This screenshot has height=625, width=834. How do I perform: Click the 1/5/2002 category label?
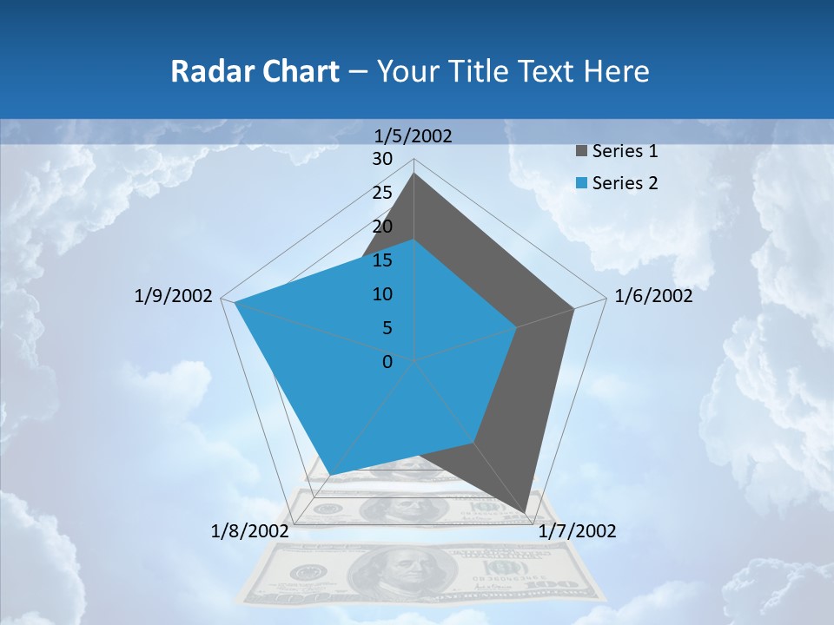[x=414, y=135]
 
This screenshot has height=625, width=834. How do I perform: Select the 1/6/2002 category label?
[x=653, y=296]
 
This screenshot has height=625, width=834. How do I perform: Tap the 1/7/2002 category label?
[x=577, y=531]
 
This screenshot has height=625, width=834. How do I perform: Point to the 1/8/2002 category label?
[x=250, y=531]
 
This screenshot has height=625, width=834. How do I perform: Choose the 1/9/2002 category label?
[x=174, y=296]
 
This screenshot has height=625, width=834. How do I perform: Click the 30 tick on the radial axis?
[x=382, y=159]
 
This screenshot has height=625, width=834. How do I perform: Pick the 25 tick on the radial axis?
[x=382, y=193]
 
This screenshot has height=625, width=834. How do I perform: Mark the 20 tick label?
[x=382, y=227]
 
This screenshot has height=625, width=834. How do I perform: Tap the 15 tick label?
[x=382, y=260]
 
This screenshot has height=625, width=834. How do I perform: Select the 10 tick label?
[x=382, y=294]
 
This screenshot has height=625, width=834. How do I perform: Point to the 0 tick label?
[x=387, y=361]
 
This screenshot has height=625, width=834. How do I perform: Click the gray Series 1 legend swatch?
[x=581, y=152]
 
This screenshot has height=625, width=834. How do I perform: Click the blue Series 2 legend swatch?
[x=581, y=183]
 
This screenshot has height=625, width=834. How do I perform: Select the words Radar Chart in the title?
[x=255, y=71]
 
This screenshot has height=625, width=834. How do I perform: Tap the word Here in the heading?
[x=617, y=71]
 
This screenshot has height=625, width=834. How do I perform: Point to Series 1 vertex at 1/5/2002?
[x=414, y=174]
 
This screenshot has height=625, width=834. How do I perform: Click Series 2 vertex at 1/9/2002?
[x=235, y=303]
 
